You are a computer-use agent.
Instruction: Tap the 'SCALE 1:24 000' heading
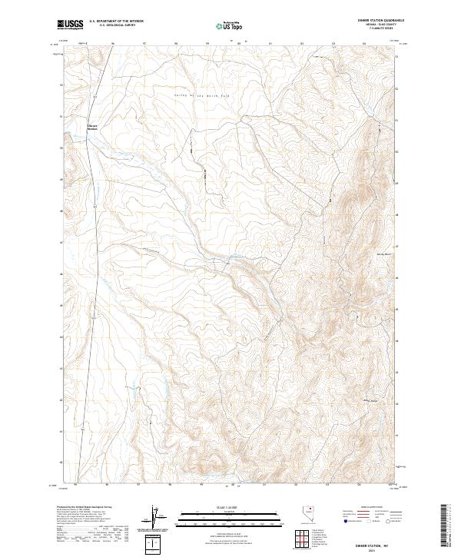[x=230, y=506]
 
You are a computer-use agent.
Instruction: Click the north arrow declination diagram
[x=156, y=518]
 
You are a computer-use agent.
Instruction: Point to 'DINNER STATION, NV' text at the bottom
[x=374, y=544]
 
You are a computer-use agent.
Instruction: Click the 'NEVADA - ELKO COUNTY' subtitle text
[x=376, y=26]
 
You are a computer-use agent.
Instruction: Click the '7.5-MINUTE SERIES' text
[x=376, y=31]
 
